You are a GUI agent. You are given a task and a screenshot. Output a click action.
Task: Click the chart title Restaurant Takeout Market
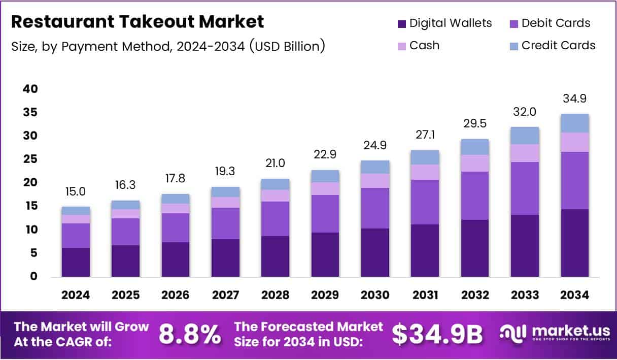[x=138, y=22]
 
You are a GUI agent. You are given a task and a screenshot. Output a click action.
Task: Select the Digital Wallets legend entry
[x=444, y=23]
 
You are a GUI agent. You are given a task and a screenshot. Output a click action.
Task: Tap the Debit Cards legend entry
[x=550, y=23]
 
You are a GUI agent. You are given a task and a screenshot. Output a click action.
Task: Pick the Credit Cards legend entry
[x=552, y=45]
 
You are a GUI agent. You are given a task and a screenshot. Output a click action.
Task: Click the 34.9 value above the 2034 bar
[x=575, y=99]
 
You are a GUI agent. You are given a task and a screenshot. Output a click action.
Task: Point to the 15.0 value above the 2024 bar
[x=76, y=191]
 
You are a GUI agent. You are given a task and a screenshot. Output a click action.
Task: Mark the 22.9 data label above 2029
[x=325, y=154]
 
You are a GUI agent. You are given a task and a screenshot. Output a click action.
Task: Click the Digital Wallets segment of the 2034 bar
[x=575, y=243]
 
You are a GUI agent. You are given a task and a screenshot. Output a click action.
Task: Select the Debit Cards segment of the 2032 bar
[x=475, y=195]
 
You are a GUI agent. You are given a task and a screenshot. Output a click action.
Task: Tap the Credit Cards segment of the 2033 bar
[x=525, y=136]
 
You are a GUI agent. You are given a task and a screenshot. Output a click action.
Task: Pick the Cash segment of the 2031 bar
[x=425, y=172]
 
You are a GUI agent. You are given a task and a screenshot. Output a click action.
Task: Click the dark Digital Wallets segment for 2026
[x=176, y=259]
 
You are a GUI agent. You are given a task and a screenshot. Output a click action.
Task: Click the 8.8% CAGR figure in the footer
[x=190, y=334]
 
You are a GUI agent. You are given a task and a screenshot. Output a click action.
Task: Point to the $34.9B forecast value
[x=437, y=334]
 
